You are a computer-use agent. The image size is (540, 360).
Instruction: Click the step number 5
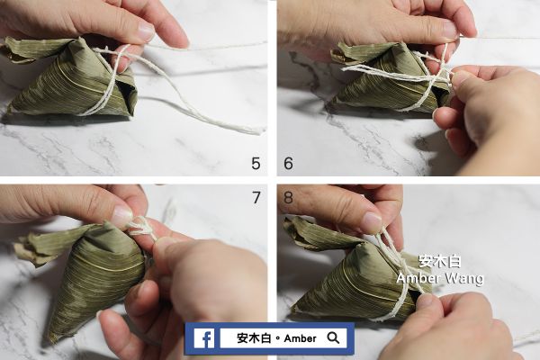256,163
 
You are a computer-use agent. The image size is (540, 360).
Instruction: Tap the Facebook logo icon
203,338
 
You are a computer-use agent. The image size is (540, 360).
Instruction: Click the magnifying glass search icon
334,338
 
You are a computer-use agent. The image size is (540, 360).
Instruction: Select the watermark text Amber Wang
440,279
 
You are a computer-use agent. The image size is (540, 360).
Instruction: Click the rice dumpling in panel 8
355,274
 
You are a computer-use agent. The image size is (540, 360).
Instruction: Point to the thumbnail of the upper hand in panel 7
121,216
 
